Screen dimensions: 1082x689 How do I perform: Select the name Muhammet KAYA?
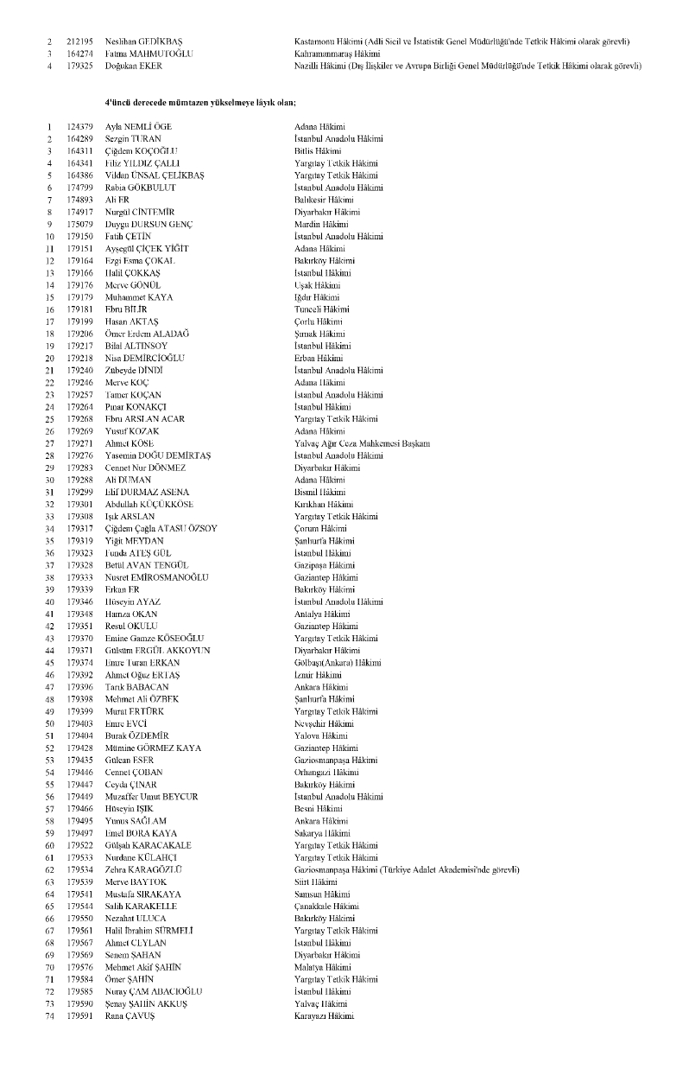point(139,296)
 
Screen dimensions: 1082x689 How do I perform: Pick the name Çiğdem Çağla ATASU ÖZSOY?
point(161,528)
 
